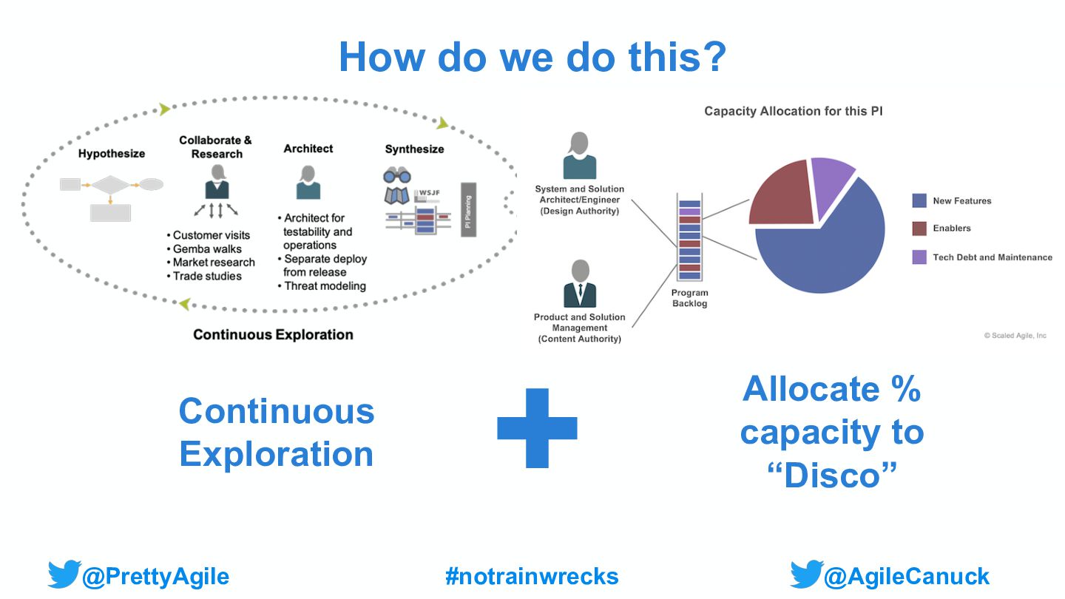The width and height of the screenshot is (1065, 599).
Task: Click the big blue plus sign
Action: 537,428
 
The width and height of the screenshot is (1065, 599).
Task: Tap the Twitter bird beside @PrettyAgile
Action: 64,575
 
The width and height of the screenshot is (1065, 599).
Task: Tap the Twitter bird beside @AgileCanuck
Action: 805,575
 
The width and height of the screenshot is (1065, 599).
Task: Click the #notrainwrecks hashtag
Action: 532,576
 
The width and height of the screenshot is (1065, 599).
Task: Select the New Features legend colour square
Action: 919,200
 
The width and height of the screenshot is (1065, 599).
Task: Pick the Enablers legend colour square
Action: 919,229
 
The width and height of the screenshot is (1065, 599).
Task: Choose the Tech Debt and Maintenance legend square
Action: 919,257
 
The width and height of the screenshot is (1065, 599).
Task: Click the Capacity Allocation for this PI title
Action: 793,112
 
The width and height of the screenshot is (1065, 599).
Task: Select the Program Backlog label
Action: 690,298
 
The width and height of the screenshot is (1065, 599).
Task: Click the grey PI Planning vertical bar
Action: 468,209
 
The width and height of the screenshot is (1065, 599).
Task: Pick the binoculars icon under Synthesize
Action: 397,175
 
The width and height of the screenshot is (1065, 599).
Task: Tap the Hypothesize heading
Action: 112,154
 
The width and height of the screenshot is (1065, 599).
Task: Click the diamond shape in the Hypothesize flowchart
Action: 110,184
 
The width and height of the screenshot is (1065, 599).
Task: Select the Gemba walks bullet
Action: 206,248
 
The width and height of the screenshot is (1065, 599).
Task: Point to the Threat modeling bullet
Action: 325,285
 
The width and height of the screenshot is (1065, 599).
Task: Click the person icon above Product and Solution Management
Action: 580,283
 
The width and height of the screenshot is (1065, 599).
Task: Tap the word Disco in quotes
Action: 831,476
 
